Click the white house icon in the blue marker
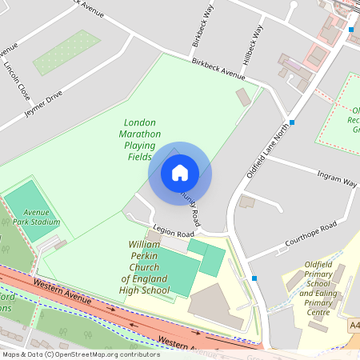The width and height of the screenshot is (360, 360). tap(180, 172)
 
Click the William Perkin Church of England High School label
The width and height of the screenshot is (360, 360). tap(145, 268)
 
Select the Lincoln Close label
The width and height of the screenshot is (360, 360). tap(18, 81)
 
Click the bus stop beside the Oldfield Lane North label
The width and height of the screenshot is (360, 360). tap(293, 122)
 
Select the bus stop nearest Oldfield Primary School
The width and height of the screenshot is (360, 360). tap(254, 278)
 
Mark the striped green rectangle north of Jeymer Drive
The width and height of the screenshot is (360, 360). tap(66, 52)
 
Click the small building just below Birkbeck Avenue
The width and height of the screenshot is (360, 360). tap(243, 97)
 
